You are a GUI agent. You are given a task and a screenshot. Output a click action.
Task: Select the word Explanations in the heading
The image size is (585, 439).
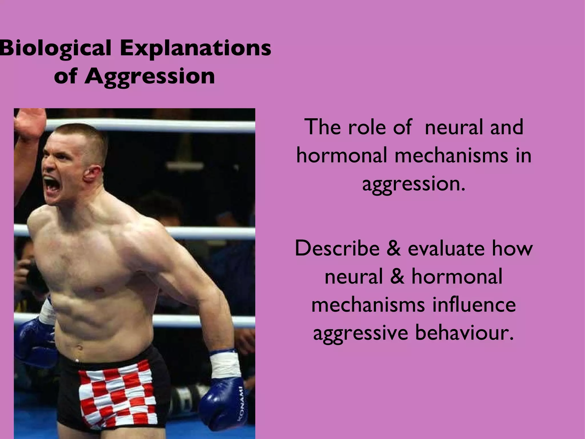click(195, 49)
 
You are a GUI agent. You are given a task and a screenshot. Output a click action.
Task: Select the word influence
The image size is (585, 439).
click(474, 305)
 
